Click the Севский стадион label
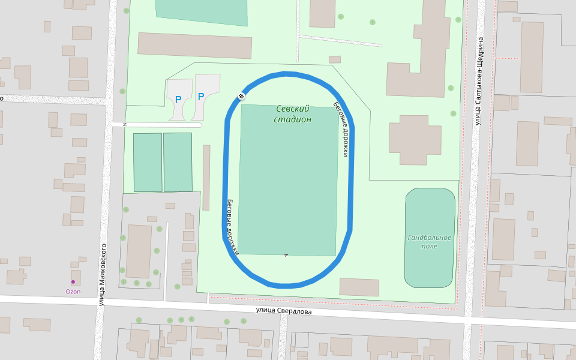click(293, 114)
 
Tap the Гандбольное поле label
click(429, 242)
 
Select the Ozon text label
click(73, 292)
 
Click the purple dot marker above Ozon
click(73, 282)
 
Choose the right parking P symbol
click(201, 96)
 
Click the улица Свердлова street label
click(283, 311)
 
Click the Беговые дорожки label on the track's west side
click(233, 226)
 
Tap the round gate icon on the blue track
click(241, 96)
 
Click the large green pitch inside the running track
click(288, 180)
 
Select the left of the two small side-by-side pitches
click(148, 162)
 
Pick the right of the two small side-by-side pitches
click(178, 162)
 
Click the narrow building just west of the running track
click(206, 177)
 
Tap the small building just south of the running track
click(359, 287)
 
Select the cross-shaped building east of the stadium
click(415, 140)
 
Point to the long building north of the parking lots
click(194, 46)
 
